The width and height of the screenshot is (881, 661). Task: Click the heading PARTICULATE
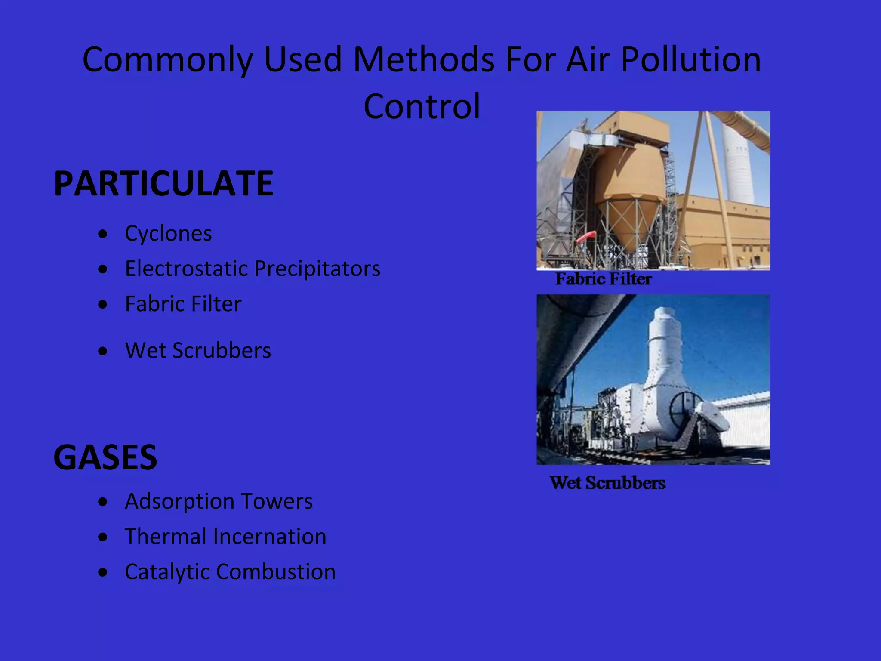[x=163, y=183]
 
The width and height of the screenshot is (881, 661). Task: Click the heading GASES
[x=105, y=457]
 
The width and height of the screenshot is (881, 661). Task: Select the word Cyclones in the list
[x=168, y=234]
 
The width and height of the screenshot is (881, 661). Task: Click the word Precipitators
[x=317, y=269]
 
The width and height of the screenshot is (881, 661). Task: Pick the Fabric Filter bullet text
[x=183, y=304]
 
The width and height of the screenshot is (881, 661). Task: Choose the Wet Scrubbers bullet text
[x=198, y=350]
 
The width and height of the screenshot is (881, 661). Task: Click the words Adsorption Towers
[x=219, y=501]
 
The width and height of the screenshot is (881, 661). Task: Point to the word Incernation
[x=270, y=537]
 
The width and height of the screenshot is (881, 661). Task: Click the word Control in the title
[x=422, y=106]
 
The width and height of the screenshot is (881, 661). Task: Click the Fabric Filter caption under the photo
[x=603, y=279]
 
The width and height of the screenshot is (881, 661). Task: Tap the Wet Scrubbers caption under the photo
[x=607, y=483]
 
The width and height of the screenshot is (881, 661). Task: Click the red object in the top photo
[x=586, y=236]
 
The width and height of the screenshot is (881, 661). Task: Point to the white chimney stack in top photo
[x=738, y=164]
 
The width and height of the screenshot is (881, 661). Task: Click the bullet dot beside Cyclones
[x=102, y=234]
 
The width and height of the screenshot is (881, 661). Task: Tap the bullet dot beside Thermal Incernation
[x=102, y=537]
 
